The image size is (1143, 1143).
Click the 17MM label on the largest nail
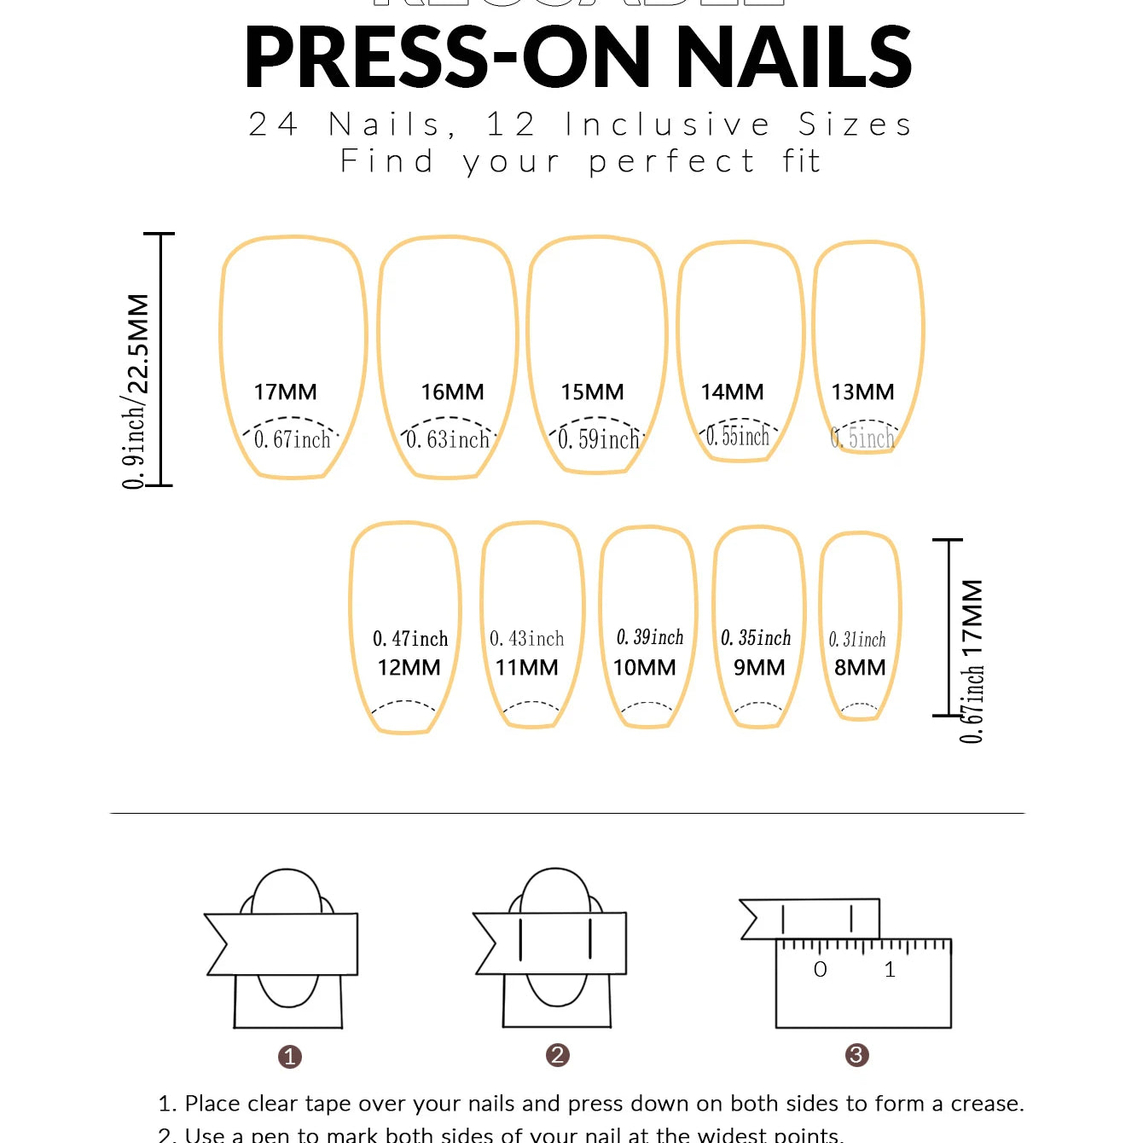tap(285, 392)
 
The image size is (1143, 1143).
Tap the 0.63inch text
tap(448, 439)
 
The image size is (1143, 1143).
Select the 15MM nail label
tap(592, 392)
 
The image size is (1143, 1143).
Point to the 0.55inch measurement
tap(738, 437)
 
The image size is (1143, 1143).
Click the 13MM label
tap(862, 392)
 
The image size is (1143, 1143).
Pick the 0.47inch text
tap(410, 639)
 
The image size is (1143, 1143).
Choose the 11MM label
tap(526, 668)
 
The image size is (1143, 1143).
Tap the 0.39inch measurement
tap(650, 637)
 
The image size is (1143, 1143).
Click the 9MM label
tap(759, 668)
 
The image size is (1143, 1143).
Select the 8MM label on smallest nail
tap(860, 668)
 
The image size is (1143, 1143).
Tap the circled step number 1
tap(290, 1057)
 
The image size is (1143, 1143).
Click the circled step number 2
tap(557, 1055)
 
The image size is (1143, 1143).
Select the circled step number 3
tap(856, 1055)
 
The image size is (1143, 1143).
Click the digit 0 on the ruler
tap(820, 970)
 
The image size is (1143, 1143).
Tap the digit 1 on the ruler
tap(890, 970)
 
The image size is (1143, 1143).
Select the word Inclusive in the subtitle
tap(667, 125)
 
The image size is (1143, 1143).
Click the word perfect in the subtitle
tap(671, 161)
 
